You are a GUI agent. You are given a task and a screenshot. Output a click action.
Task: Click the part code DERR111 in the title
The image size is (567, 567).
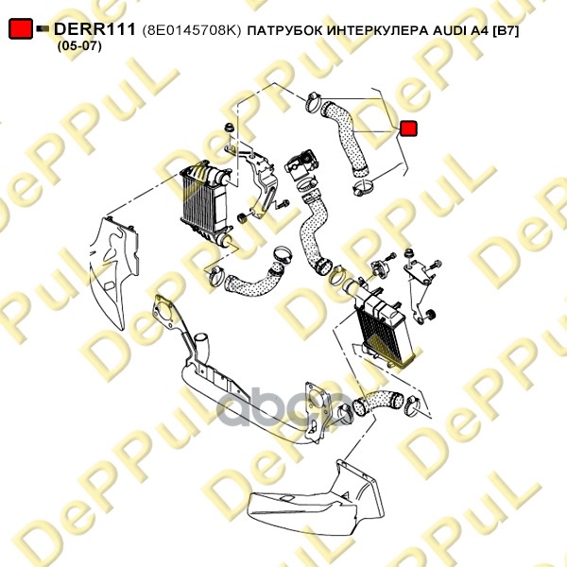point(94,29)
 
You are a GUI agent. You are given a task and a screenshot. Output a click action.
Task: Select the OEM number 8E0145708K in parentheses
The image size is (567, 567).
point(192,30)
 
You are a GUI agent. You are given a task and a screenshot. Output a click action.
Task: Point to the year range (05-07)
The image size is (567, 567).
point(79,46)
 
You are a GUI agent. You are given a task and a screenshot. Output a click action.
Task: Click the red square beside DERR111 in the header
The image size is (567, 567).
point(21,29)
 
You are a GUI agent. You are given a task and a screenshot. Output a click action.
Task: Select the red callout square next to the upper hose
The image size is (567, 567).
point(408,129)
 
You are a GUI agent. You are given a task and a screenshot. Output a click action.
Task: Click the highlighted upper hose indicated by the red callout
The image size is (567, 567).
point(344,137)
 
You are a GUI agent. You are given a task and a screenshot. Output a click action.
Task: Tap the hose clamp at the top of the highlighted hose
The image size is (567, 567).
point(313,101)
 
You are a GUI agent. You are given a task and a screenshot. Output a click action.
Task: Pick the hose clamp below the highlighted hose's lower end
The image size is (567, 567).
point(363,187)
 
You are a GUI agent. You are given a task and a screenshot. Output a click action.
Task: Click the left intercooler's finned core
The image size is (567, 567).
point(198,203)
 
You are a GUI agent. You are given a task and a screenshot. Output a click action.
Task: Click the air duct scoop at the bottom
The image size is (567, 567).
point(318,499)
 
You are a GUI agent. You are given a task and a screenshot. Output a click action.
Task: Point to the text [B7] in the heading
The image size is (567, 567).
point(506,31)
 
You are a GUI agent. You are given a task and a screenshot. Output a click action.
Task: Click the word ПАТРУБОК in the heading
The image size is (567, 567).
point(285,31)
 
